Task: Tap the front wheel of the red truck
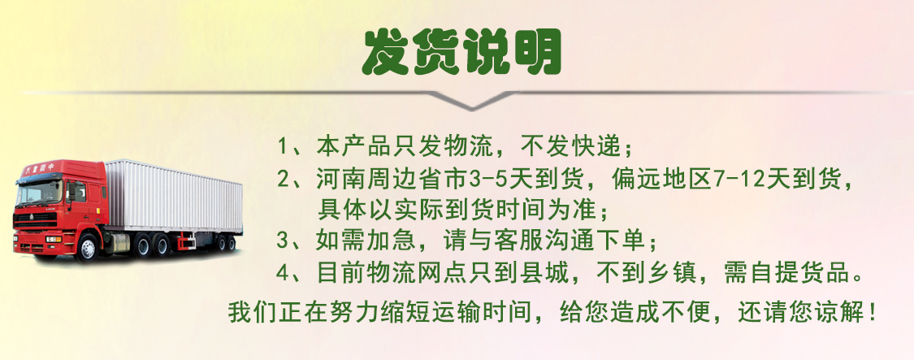(x=87, y=246)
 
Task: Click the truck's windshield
(x=38, y=193)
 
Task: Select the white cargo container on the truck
(x=174, y=196)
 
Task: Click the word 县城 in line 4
(x=547, y=272)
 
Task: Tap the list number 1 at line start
(x=283, y=146)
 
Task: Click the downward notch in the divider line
(x=472, y=102)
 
